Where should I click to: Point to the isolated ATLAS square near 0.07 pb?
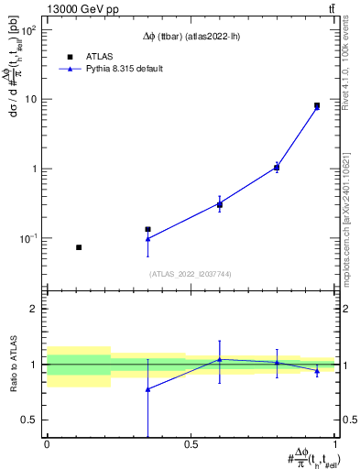click(x=79, y=247)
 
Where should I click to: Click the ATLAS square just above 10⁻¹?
click(x=147, y=229)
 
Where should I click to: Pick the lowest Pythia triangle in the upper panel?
click(x=147, y=239)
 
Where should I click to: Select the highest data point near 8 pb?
click(x=317, y=106)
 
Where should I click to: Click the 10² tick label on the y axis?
click(x=27, y=30)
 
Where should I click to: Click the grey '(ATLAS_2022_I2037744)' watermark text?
click(x=190, y=274)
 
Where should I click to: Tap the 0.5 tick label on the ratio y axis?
click(x=27, y=420)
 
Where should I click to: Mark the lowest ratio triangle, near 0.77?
click(x=147, y=389)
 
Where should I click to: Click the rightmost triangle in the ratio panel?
click(x=317, y=370)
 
